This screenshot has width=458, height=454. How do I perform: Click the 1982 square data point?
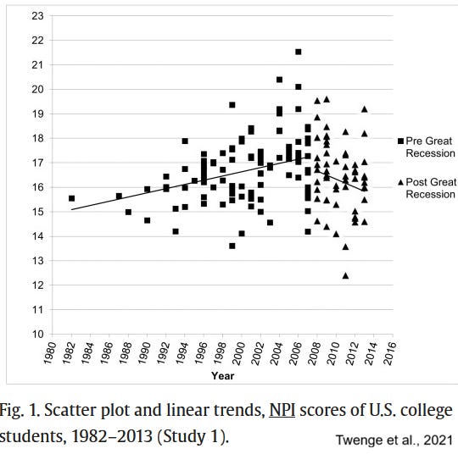tap(71, 198)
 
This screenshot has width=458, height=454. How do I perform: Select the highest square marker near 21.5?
tap(299, 52)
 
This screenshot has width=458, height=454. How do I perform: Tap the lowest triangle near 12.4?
tap(345, 276)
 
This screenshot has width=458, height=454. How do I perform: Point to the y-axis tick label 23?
tap(37, 16)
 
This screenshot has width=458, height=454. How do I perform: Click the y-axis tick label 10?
tap(37, 334)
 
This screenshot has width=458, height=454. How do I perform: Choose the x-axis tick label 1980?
tap(50, 353)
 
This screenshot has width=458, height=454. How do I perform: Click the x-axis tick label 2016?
tap(390, 353)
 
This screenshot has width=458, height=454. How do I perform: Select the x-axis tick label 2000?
tap(239, 353)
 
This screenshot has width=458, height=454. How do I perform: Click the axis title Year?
tap(222, 376)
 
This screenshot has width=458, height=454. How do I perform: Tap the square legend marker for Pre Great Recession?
tap(400, 141)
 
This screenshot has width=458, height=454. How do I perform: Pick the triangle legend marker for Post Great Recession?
tap(400, 182)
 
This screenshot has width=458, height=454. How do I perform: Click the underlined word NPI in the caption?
tap(282, 410)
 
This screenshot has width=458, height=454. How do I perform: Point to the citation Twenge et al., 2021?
tap(394, 440)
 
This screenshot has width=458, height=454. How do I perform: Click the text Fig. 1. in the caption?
tap(20, 410)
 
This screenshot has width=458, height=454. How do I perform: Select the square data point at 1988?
tap(128, 212)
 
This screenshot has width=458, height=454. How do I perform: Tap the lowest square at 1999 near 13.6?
tap(232, 246)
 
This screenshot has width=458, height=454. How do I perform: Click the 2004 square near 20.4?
tap(280, 80)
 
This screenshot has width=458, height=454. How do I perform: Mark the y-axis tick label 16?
tap(37, 187)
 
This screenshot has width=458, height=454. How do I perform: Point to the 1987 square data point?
tap(119, 196)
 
